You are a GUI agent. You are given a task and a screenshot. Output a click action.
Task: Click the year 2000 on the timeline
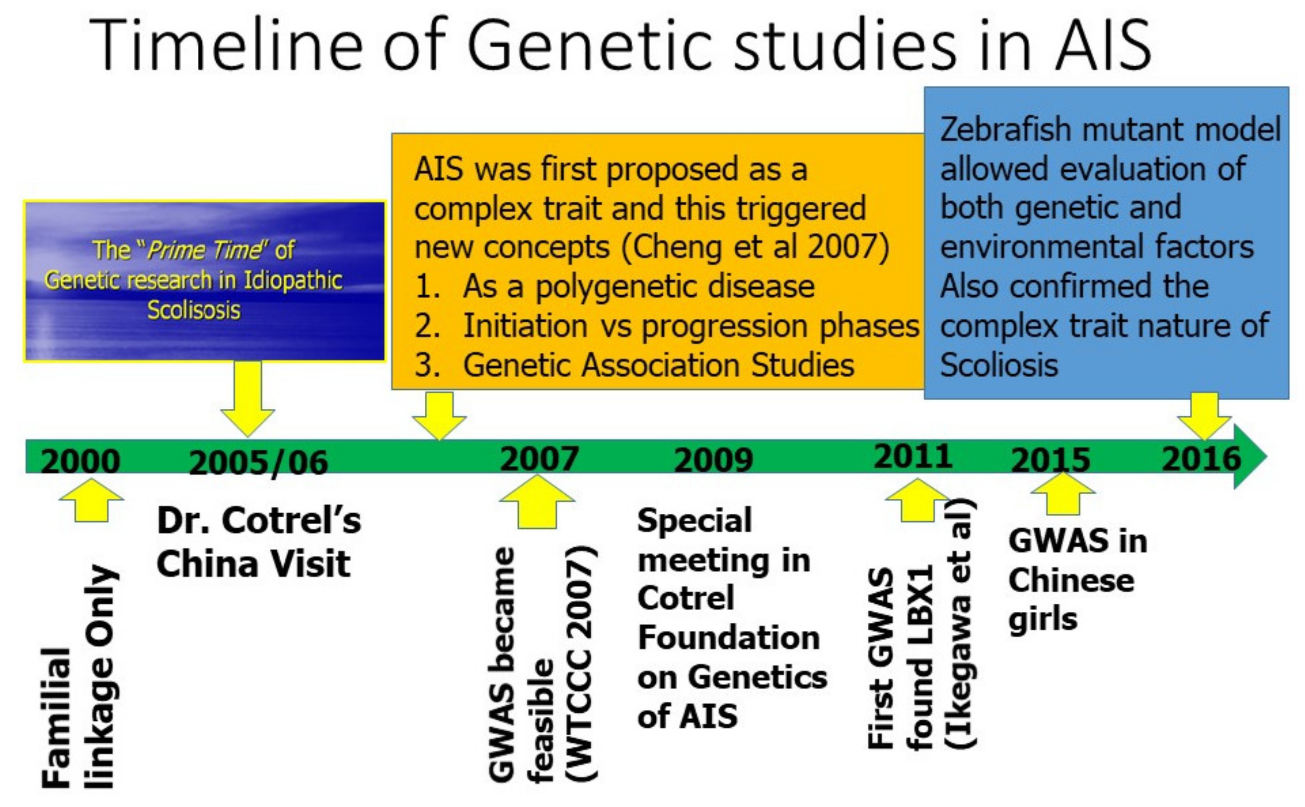coord(80,461)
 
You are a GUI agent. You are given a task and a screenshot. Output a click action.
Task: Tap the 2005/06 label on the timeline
coord(258,462)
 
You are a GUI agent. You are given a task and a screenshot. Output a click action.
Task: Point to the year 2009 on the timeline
coord(713,460)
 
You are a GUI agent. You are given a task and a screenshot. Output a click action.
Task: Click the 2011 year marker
coord(913,457)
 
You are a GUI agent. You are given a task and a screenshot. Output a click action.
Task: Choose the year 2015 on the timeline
coord(1050,460)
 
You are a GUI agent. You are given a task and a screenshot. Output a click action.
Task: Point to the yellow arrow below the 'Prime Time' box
coord(248,398)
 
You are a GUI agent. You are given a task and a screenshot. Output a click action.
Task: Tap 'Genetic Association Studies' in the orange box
coord(659,366)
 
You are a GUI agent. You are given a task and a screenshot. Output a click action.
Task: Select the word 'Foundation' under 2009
coord(729,637)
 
